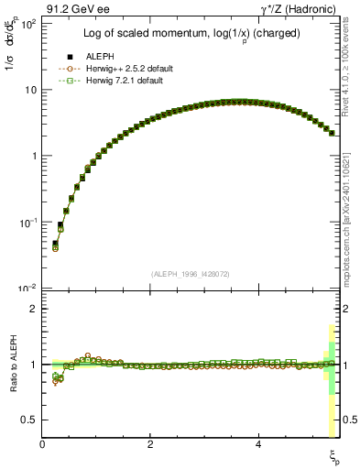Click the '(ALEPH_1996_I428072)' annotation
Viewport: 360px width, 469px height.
191,274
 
